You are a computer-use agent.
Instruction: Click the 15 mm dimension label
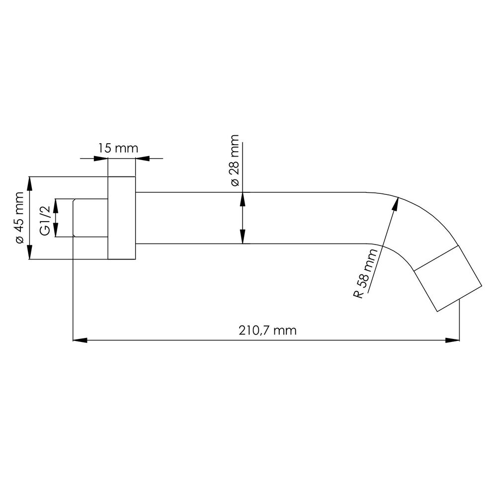(x=118, y=148)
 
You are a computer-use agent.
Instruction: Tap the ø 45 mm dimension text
(x=19, y=218)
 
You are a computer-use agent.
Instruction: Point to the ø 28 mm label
(x=234, y=161)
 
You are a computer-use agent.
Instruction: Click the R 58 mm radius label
(x=365, y=273)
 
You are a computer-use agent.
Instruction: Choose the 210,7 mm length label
(x=267, y=331)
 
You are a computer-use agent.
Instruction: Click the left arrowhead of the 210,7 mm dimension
(x=80, y=340)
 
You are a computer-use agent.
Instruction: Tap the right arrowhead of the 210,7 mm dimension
(x=452, y=340)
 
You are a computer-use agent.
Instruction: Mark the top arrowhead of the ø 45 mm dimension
(x=29, y=184)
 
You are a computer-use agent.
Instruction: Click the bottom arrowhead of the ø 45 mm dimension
(x=29, y=252)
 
